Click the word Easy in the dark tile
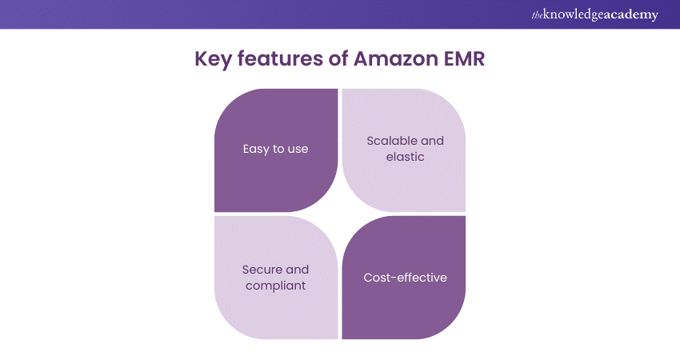coord(257,150)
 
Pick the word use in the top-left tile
coord(298,150)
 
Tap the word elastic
coord(404,157)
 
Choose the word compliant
coord(276,286)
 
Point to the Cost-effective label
coord(405,278)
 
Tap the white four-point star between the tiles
coord(340,214)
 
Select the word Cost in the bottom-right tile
coord(376,278)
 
